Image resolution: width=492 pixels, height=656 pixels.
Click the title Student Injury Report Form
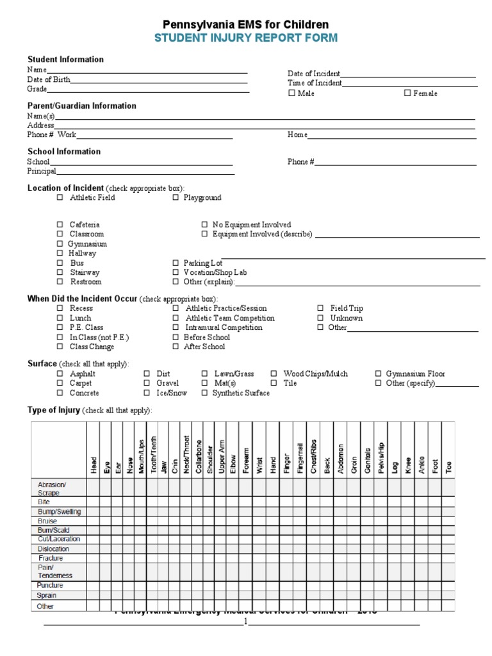[246, 38]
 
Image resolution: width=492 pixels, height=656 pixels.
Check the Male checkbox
[291, 93]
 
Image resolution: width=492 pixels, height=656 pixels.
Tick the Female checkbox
[407, 93]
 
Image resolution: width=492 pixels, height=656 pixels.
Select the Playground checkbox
[176, 198]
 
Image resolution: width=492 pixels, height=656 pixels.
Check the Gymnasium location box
[60, 244]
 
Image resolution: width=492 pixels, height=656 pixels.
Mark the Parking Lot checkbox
[176, 263]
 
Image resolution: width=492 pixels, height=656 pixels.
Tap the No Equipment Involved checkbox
[204, 225]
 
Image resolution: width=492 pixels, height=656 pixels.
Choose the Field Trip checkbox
[320, 308]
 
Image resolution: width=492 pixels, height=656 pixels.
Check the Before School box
[176, 337]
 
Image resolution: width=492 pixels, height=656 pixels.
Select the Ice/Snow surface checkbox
[147, 393]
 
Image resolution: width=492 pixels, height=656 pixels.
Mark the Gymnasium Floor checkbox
[378, 373]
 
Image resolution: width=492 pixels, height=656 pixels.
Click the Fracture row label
[51, 558]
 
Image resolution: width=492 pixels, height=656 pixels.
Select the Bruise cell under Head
[94, 521]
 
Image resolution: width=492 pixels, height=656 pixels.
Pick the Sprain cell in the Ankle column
[421, 595]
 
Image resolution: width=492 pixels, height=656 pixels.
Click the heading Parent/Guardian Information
[81, 106]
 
